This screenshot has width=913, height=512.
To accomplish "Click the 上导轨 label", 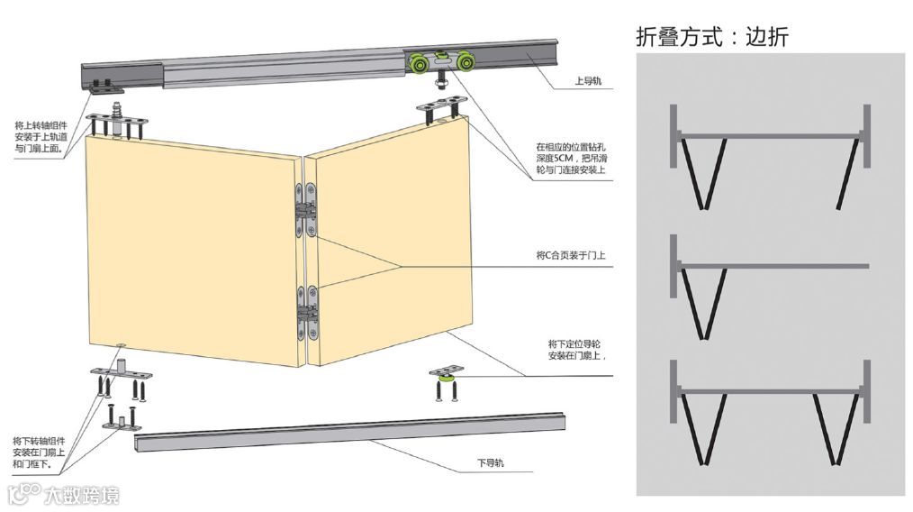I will pos(588,81).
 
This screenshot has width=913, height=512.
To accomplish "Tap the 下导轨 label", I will pos(490,463).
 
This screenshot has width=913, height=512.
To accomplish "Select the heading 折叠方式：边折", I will pos(712,36).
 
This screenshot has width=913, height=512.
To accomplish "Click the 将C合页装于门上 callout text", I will pos(571,256).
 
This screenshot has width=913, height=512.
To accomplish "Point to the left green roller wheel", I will pos(420,64).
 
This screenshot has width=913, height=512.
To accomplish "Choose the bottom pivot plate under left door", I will pos(120,373).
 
